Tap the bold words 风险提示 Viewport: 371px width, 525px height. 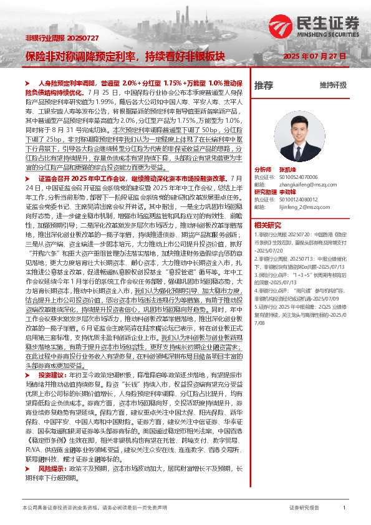click(50, 484)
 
